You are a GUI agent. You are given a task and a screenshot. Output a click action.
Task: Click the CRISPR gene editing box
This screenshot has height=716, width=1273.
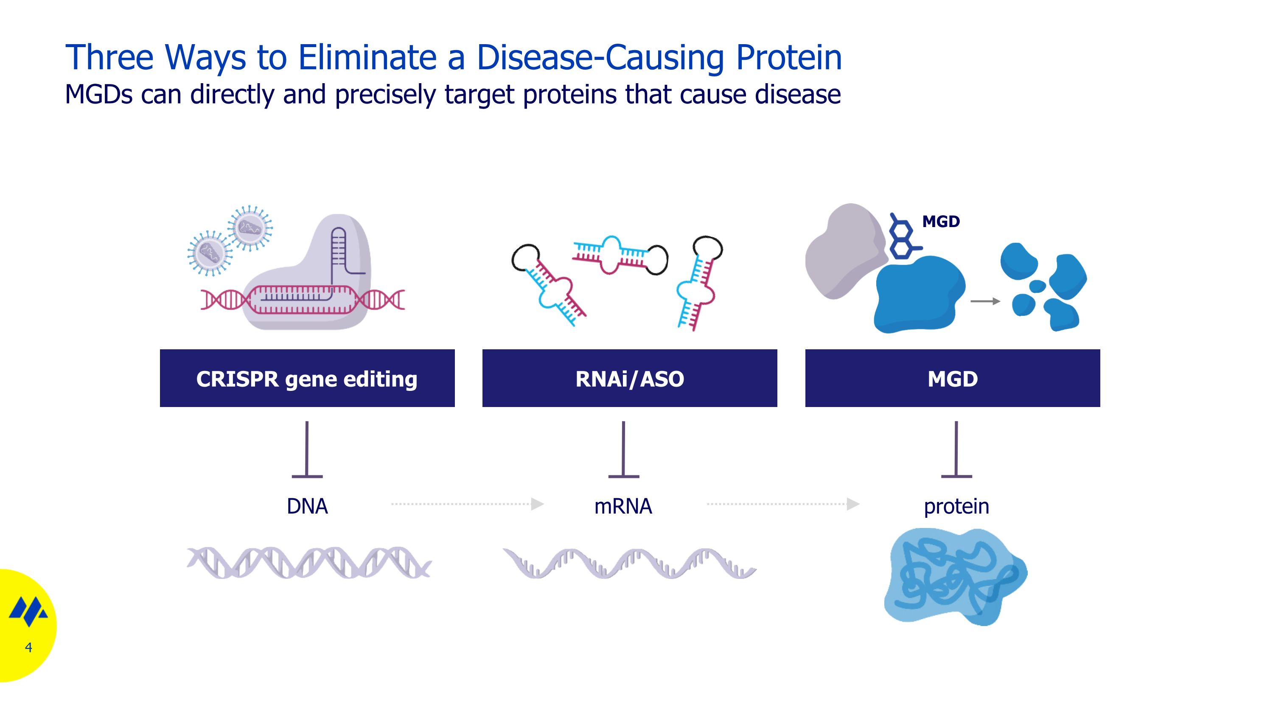tap(307, 378)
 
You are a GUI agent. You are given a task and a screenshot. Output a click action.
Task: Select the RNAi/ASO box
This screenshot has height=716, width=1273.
tap(629, 378)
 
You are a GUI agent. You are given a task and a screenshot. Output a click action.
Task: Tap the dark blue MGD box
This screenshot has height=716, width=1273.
tap(952, 378)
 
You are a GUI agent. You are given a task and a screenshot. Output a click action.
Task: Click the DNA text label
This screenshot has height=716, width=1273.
tap(307, 506)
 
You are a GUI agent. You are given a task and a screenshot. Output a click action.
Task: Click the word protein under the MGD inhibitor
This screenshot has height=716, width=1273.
tap(956, 506)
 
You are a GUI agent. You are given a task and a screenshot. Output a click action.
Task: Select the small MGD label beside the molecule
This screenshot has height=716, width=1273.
tap(941, 222)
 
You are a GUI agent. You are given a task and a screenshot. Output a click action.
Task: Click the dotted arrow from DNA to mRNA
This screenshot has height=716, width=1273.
tap(467, 504)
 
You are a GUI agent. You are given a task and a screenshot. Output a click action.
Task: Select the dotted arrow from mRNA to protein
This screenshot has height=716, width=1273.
tap(783, 504)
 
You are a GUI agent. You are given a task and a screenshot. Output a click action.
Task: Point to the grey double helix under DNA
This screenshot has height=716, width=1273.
tap(309, 562)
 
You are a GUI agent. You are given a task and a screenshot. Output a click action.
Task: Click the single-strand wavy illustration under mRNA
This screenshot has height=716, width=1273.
tap(629, 563)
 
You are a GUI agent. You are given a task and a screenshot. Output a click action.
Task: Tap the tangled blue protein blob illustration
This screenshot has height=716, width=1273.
tap(955, 576)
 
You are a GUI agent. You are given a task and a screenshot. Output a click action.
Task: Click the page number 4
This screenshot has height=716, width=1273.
tap(28, 647)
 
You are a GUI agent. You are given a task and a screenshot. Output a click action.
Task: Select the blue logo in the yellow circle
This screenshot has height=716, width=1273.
tap(29, 611)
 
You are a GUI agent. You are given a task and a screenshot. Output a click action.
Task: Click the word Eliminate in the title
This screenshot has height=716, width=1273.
tap(367, 57)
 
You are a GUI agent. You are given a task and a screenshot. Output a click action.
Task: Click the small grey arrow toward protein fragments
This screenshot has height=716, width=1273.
tap(985, 301)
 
